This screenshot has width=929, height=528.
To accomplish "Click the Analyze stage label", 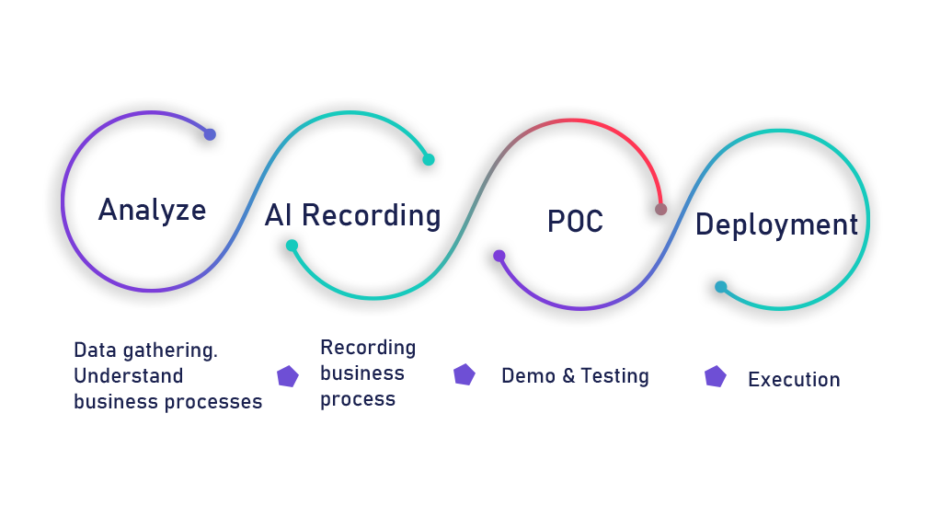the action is click(153, 211).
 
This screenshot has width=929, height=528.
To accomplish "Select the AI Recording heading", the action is click(352, 215).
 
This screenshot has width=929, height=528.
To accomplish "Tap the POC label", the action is click(575, 222).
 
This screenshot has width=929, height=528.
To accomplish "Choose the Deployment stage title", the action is click(776, 225).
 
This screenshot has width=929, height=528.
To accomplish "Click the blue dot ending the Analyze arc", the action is click(210, 134).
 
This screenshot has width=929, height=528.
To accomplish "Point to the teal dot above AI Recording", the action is click(429, 159).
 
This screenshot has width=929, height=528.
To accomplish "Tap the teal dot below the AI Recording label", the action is click(292, 246).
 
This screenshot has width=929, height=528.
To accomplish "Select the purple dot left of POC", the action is click(499, 256).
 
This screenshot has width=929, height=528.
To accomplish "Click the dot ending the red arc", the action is click(661, 209).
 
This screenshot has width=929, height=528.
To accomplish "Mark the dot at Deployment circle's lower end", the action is click(720, 287).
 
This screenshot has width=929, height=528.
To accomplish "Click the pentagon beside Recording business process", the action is click(288, 376).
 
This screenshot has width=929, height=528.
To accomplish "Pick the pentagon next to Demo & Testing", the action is click(464, 374).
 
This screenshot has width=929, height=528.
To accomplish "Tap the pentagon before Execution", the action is click(716, 376).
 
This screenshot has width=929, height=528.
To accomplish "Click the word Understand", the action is click(129, 375).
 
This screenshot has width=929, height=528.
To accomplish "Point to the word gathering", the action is click(170, 350).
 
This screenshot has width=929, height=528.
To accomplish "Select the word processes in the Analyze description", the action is click(213, 402).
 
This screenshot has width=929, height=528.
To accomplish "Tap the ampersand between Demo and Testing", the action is click(568, 375).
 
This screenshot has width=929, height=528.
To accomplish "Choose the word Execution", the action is click(794, 379).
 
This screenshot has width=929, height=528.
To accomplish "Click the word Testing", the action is click(615, 376).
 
